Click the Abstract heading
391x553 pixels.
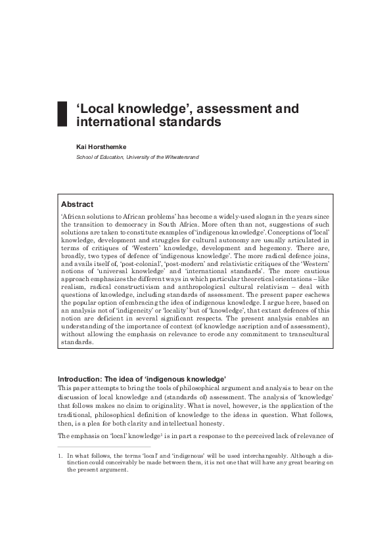click(77, 204)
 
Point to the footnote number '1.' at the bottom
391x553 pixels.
click(60, 455)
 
